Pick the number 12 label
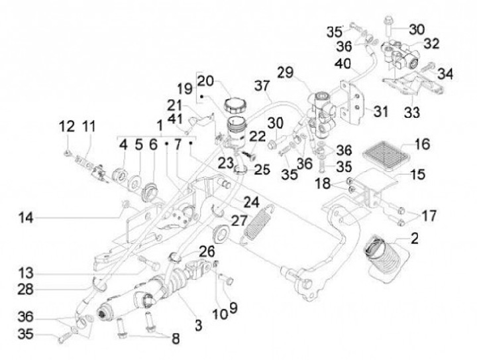(x=67, y=126)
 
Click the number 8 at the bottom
(x=176, y=338)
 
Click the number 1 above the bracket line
(x=159, y=126)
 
